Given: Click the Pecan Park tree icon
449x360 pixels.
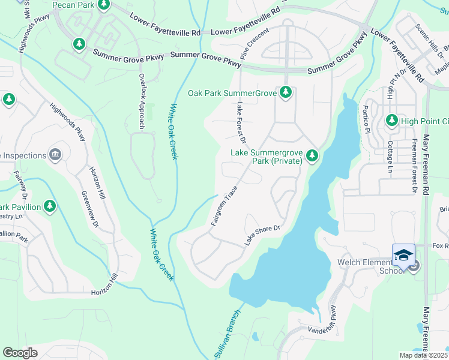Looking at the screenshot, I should click(104, 5).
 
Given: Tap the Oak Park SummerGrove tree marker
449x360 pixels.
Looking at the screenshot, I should click(286, 92).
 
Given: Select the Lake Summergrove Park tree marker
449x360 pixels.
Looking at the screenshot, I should click(312, 156).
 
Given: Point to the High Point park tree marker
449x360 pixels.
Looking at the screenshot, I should click(392, 121).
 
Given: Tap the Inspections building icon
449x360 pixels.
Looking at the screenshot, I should click(56, 155).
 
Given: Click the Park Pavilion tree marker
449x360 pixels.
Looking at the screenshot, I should click(50, 207).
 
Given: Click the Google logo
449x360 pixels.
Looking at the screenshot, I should click(20, 353).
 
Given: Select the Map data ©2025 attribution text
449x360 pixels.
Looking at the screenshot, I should click(424, 355).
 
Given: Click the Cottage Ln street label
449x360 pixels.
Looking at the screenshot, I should click(390, 152).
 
